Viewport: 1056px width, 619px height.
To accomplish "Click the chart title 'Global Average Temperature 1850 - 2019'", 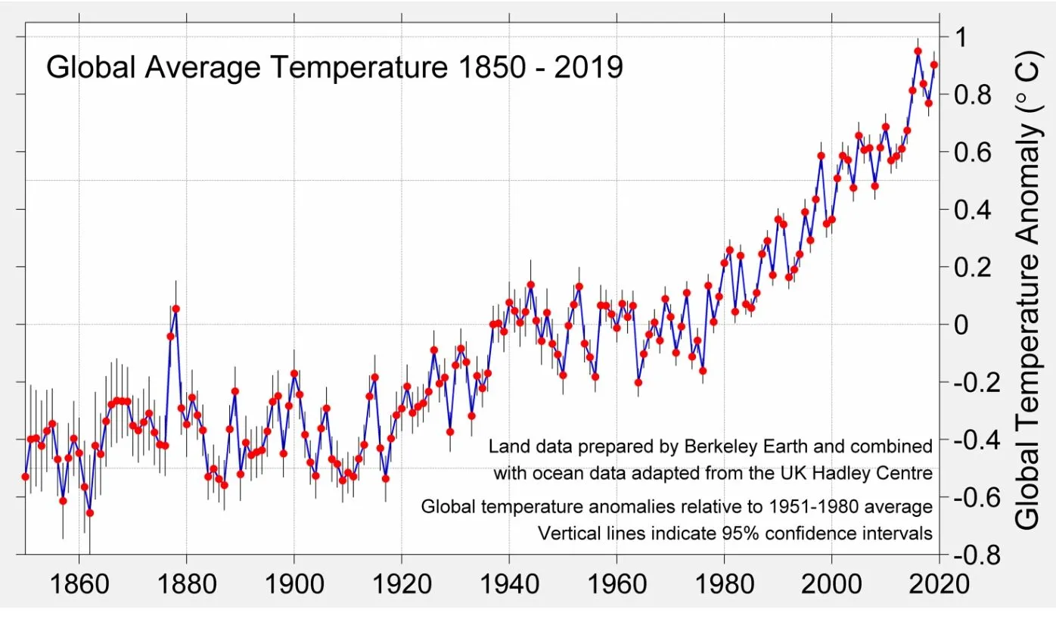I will click(334, 67).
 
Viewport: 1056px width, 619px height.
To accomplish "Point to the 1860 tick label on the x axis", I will click(79, 584).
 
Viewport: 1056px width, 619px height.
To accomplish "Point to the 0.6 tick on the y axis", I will click(966, 151).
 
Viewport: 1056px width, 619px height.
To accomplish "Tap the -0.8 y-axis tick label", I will click(971, 555).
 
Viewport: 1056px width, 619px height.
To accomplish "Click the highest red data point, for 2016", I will click(918, 51).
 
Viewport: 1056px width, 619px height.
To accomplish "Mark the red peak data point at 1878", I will click(175, 309).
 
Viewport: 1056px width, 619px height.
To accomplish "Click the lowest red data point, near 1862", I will click(89, 512).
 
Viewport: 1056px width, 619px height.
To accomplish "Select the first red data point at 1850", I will click(25, 477).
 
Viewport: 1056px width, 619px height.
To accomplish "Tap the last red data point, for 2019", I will click(933, 65).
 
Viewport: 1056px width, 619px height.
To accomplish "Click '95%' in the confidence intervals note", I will click(716, 533).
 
